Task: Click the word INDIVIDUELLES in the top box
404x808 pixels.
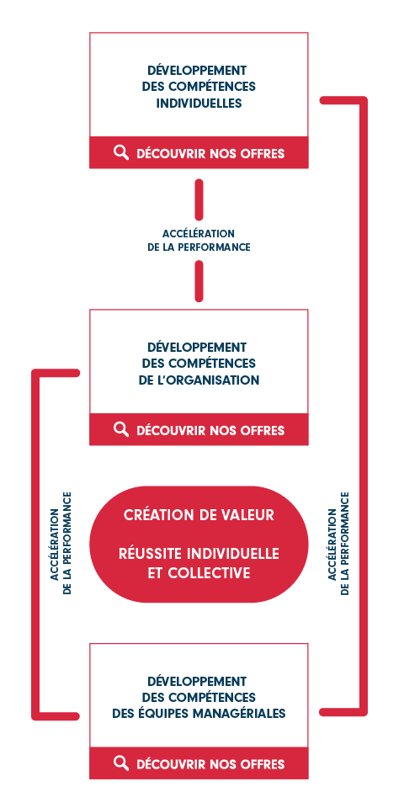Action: [x=199, y=103]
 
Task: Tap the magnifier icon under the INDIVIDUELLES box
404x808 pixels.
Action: [x=121, y=152]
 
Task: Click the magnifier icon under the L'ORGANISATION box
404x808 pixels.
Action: [x=121, y=429]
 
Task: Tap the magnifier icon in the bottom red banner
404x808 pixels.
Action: [x=121, y=763]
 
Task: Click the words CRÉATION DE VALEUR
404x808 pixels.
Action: [x=199, y=515]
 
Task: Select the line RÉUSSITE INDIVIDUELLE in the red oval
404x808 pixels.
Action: [x=199, y=554]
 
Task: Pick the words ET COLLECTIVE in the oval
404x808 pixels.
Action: [x=199, y=573]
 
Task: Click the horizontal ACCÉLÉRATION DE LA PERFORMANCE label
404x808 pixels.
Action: [x=199, y=241]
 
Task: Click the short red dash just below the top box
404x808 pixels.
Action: [x=199, y=199]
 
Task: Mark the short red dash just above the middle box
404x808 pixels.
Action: [x=199, y=281]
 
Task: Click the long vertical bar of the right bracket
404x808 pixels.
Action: [x=364, y=406]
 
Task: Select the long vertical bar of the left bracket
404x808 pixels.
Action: [x=35, y=545]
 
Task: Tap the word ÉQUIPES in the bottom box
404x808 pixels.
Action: [x=160, y=714]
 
